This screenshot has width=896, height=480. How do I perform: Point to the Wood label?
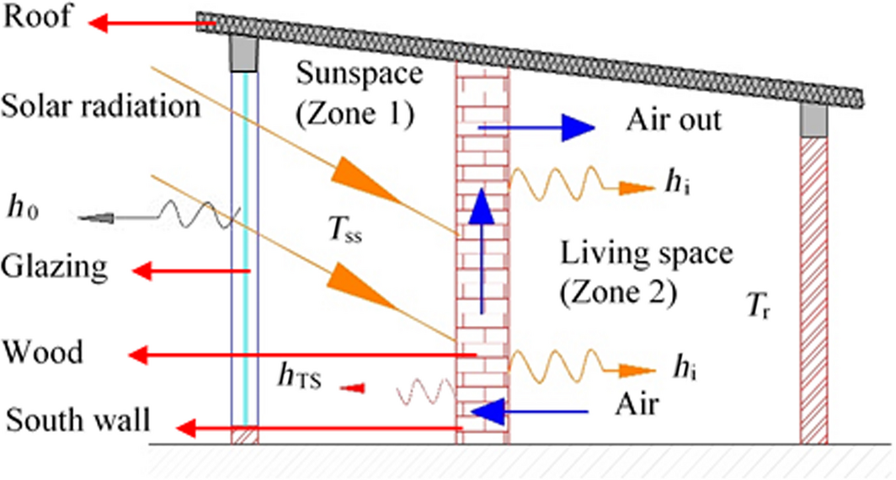(x=43, y=352)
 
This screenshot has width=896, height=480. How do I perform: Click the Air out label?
(x=674, y=120)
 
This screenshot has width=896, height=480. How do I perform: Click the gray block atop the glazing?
(x=244, y=55)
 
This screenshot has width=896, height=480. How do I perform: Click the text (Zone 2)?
(x=618, y=291)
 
